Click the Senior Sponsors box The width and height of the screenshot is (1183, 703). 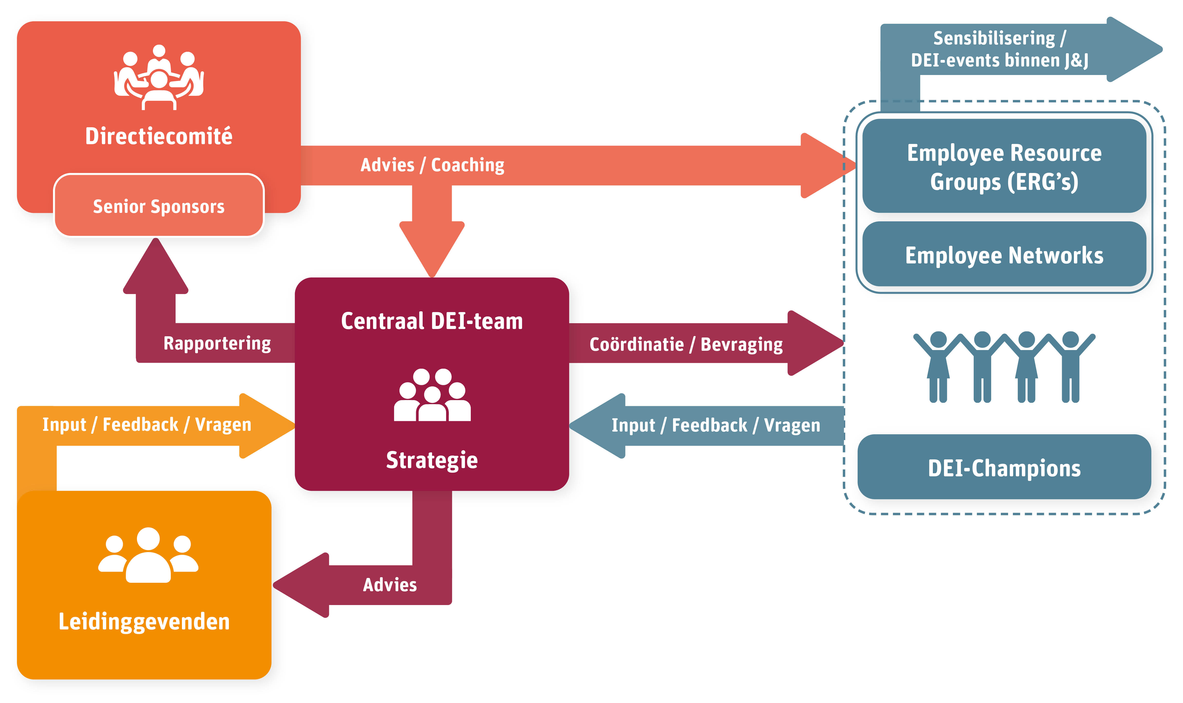coord(159,205)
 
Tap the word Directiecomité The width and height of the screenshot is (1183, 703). coord(159,136)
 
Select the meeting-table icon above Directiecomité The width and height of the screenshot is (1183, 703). coord(159,77)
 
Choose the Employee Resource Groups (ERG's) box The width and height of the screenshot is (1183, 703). coord(1004,166)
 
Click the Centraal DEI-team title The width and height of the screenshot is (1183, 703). coord(432,321)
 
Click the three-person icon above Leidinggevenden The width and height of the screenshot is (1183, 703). coord(148,555)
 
